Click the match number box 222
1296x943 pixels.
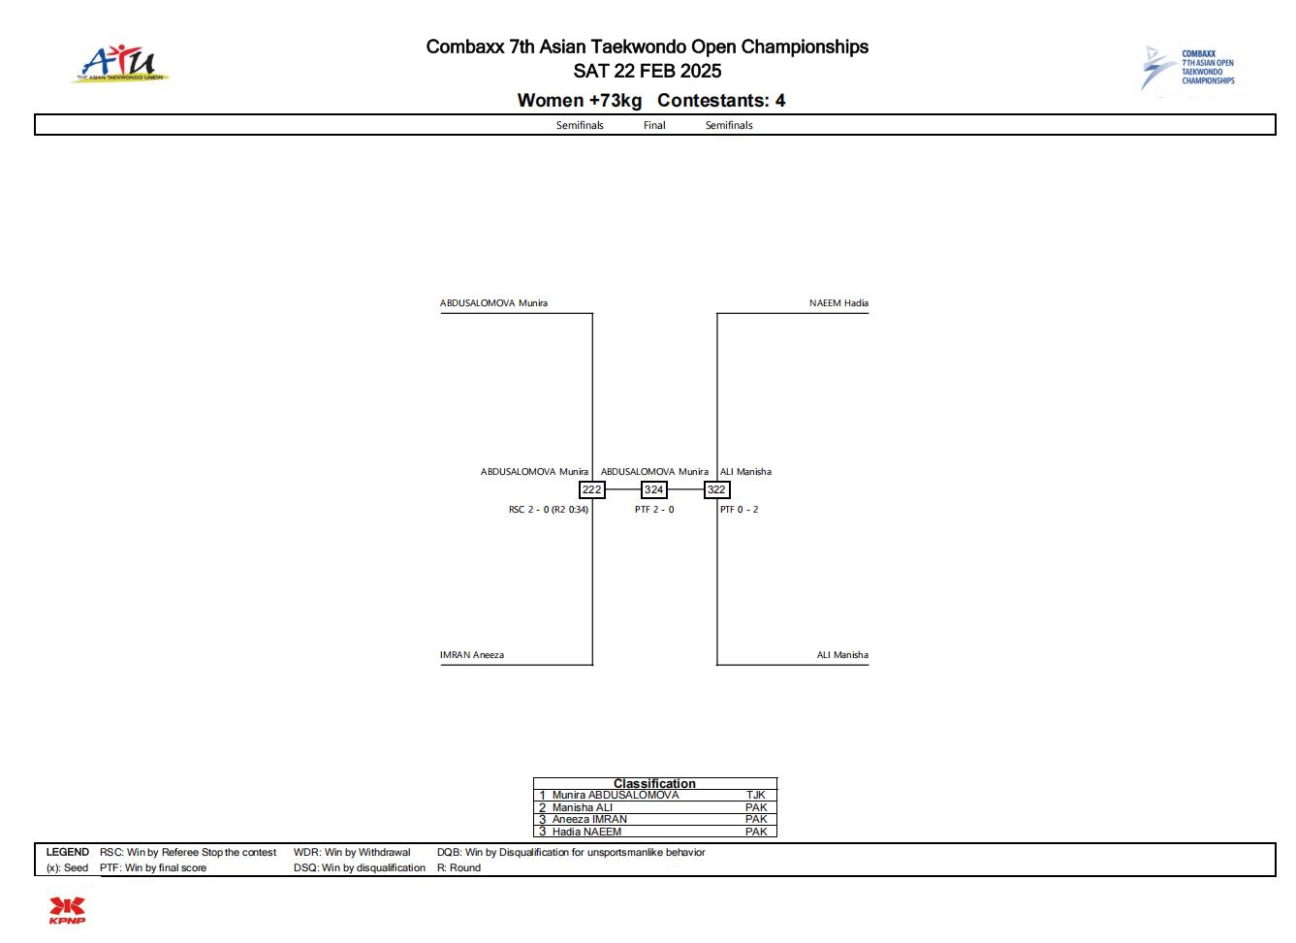591,490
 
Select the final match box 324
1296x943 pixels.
653,490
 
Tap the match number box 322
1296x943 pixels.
716,490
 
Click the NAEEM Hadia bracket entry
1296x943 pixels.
838,303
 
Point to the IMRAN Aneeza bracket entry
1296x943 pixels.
471,655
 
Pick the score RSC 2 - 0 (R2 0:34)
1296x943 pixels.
549,510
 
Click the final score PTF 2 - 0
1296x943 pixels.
654,510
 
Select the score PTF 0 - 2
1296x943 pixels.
739,510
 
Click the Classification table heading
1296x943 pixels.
654,783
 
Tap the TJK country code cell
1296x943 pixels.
756,796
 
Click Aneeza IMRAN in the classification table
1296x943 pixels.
589,819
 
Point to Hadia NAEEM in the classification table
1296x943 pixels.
586,832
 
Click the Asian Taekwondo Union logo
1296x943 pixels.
120,64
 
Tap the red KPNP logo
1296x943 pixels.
67,911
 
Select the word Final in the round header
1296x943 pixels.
654,126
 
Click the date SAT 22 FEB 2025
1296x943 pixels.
648,71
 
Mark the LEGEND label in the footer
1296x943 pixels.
68,852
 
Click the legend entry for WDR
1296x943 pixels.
352,852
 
